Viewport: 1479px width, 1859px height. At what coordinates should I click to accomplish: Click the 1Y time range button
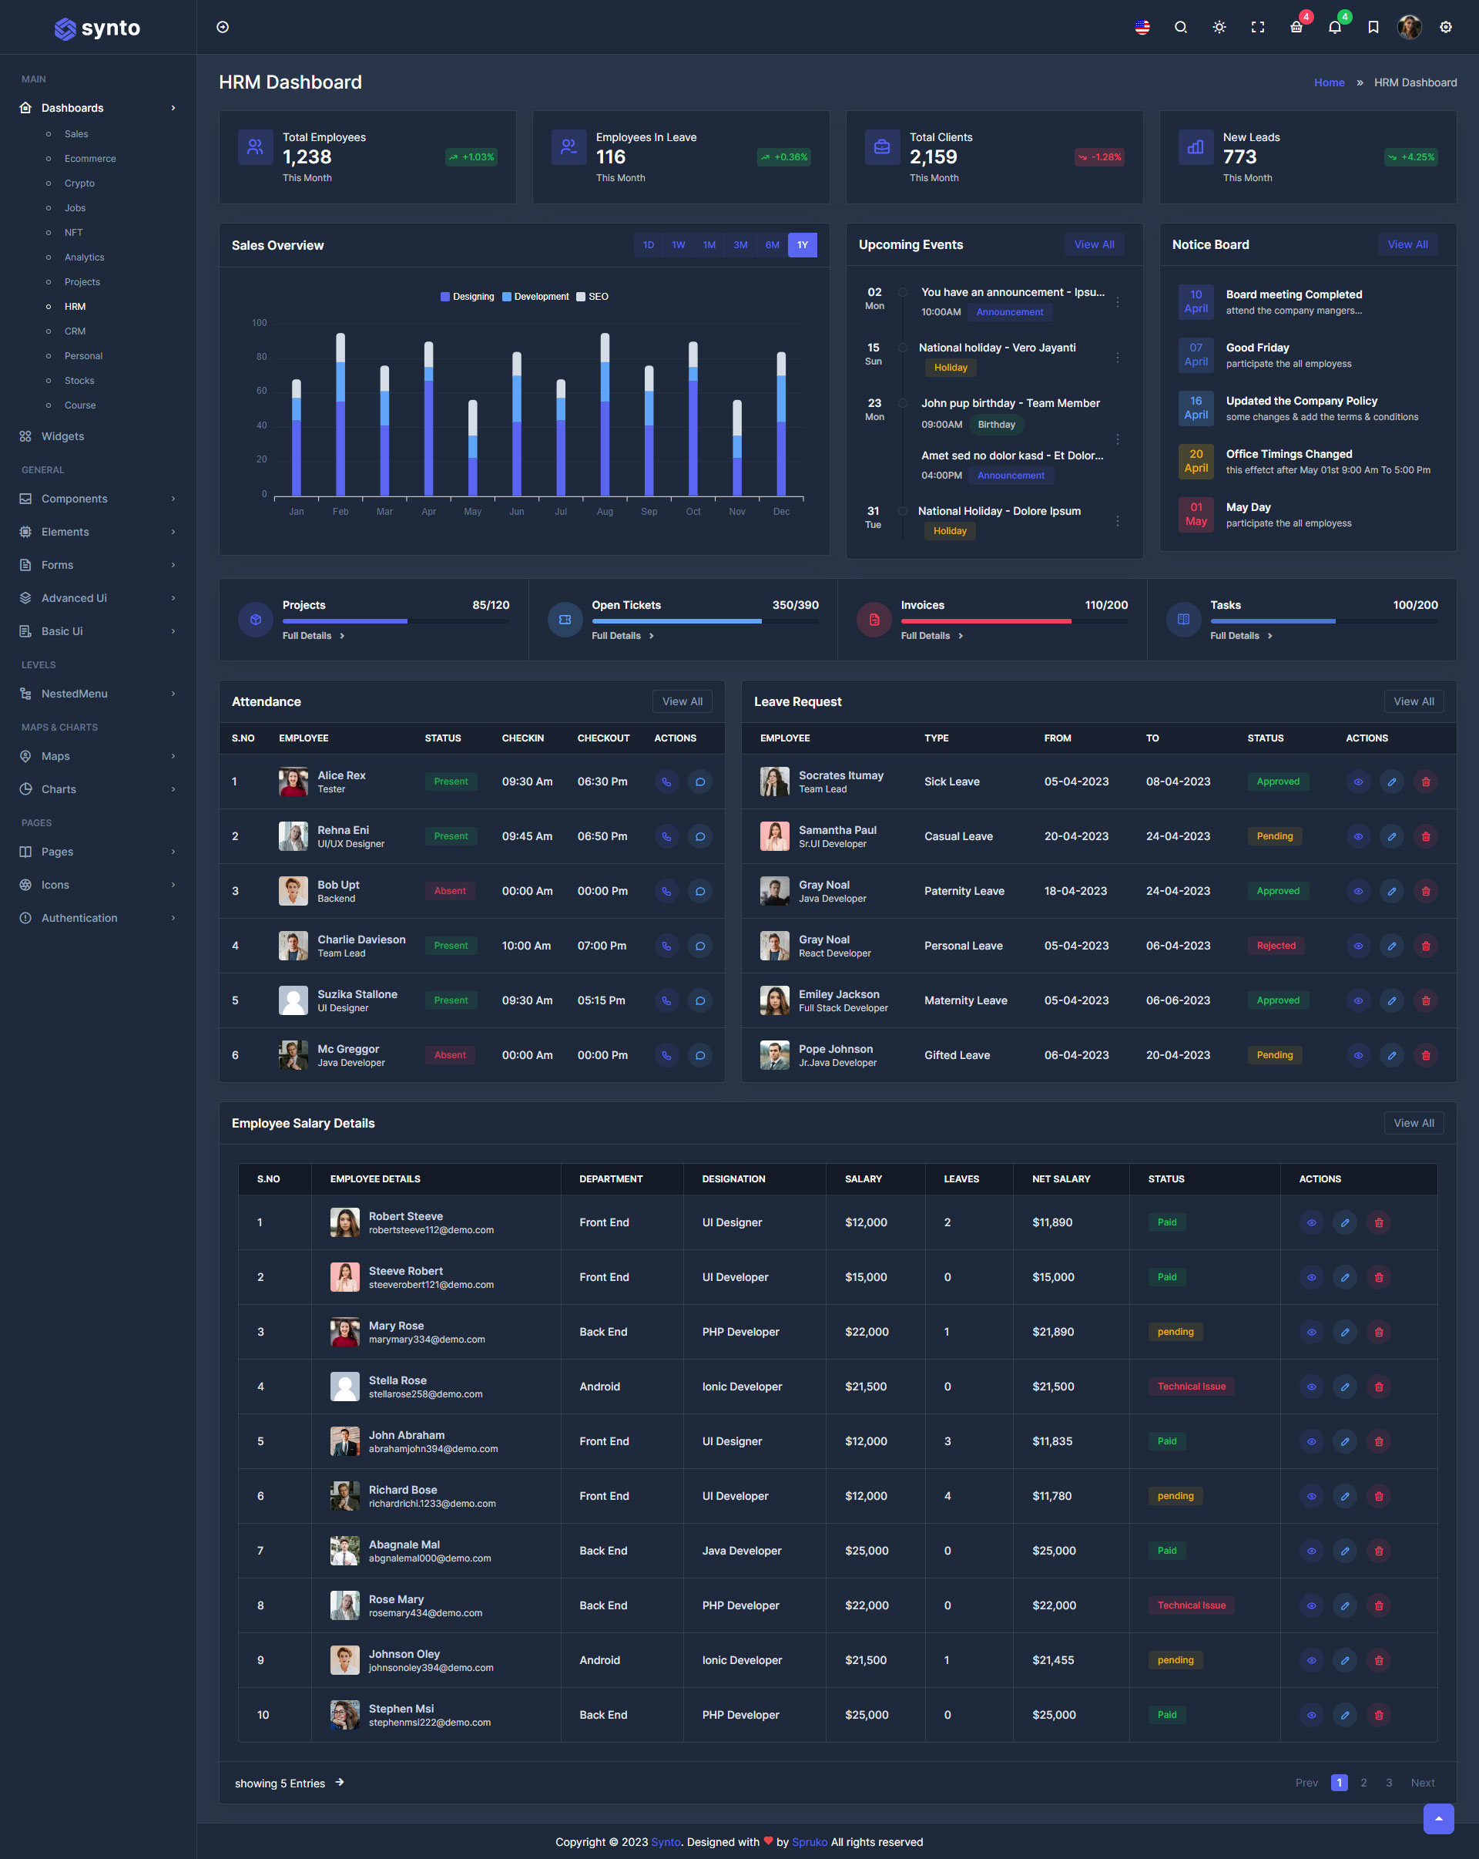[802, 245]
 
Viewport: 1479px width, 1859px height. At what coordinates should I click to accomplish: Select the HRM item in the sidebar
[75, 306]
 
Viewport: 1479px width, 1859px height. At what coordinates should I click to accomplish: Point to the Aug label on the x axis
[605, 511]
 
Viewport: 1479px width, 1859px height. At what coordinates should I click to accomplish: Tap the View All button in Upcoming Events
[1094, 245]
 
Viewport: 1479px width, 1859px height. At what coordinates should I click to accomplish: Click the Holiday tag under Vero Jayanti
[950, 368]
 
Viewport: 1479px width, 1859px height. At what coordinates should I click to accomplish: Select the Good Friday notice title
[1256, 348]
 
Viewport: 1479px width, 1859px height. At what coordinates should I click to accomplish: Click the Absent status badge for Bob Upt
[450, 891]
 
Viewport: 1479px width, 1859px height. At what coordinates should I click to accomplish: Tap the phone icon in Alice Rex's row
[666, 782]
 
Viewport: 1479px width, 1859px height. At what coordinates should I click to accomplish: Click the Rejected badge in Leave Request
[1276, 946]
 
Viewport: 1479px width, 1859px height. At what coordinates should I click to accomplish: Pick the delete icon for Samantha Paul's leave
[1426, 836]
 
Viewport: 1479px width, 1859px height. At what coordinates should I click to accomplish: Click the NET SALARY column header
[1061, 1178]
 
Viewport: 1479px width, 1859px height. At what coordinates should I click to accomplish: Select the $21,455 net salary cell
[1052, 1660]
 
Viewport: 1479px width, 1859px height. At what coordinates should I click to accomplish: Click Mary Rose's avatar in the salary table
[345, 1332]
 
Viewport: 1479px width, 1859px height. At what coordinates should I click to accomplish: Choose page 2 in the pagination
[1363, 1782]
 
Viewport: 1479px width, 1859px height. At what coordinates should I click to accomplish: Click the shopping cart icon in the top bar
[1296, 28]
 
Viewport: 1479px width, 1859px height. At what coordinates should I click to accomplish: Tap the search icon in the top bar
[1180, 28]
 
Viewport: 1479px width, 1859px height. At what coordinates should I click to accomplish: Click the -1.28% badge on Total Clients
[1099, 157]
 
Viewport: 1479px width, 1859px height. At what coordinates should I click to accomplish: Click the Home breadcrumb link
[1328, 82]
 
